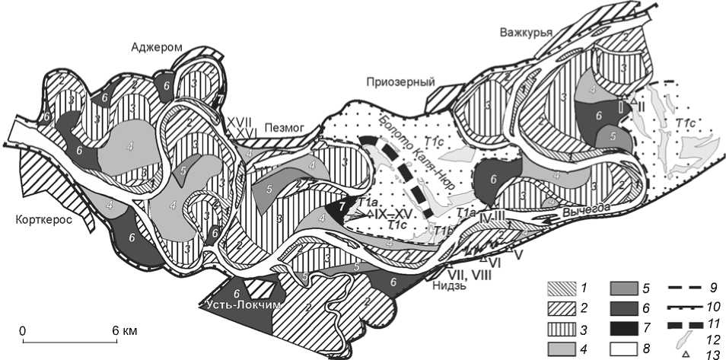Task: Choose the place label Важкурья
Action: tap(525, 32)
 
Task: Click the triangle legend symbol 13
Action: tap(685, 353)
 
